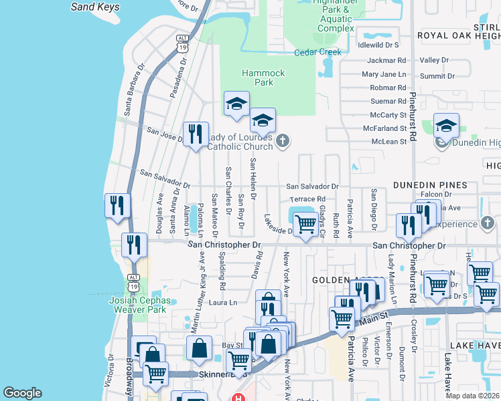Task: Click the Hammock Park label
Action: [265, 78]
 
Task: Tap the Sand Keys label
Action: [95, 7]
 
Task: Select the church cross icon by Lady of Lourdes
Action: [283, 140]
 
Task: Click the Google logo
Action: [22, 393]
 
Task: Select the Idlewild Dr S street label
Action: [378, 45]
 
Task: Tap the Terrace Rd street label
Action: [307, 199]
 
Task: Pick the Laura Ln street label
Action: [224, 303]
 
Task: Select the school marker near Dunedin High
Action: [446, 125]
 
